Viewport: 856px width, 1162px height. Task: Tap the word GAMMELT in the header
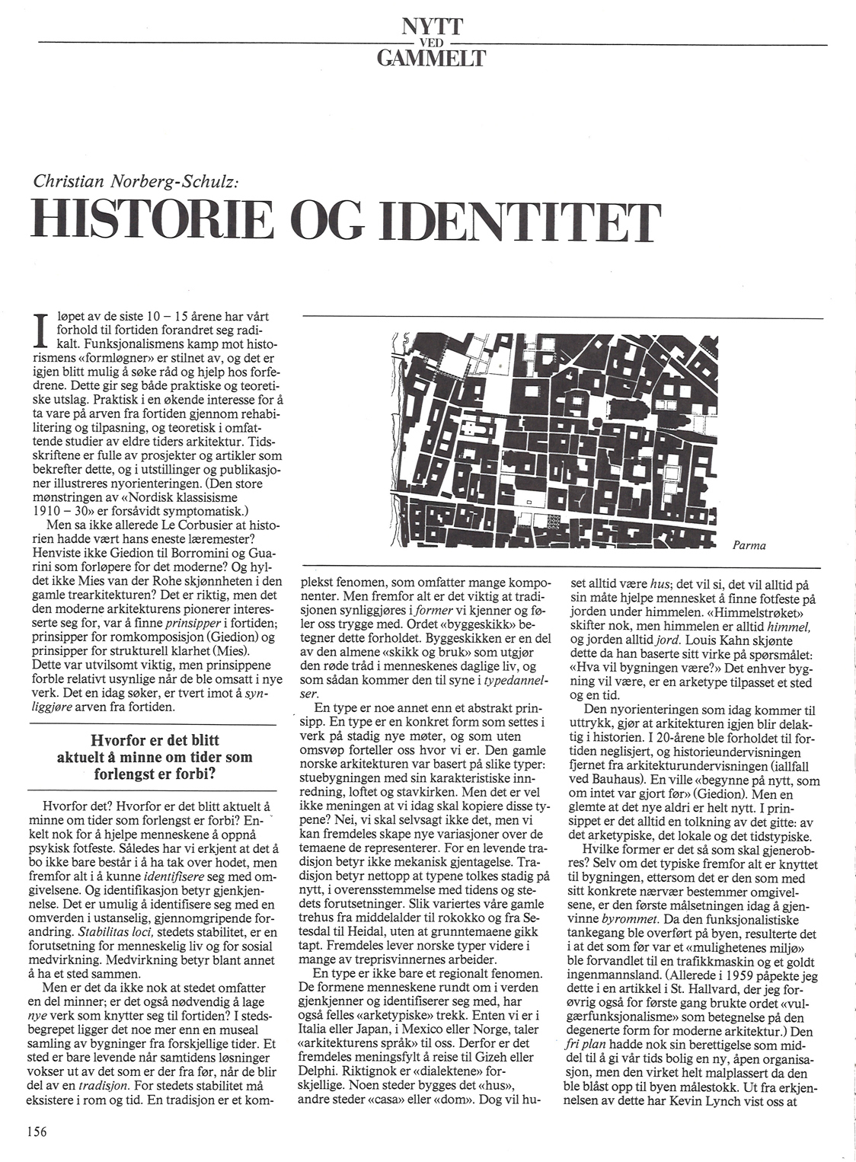pos(432,57)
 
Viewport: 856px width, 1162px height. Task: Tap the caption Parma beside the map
pos(749,545)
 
